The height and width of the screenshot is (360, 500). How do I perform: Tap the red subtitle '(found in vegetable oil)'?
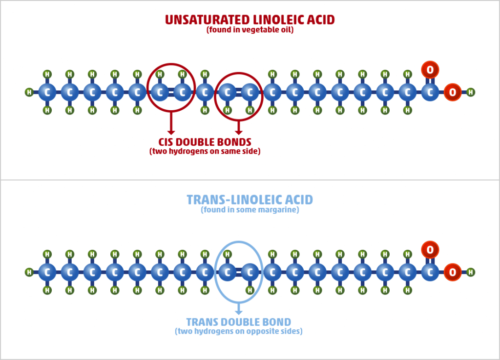tap(250, 30)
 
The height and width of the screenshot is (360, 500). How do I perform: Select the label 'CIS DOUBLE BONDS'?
tap(205, 142)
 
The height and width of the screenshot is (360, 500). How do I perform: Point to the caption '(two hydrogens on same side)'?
tap(205, 151)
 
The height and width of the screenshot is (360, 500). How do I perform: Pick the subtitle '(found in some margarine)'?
tap(250, 210)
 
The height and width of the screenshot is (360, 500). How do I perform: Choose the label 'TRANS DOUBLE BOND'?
tap(238, 322)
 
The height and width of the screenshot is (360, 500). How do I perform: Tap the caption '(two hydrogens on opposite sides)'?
tap(238, 331)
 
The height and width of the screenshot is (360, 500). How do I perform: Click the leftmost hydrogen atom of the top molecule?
tap(29, 92)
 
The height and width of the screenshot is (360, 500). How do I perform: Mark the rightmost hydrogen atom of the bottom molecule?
tap(470, 272)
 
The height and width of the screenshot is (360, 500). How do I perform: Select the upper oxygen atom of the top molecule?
tap(430, 70)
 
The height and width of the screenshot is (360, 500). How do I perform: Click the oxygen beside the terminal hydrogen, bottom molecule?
tap(452, 272)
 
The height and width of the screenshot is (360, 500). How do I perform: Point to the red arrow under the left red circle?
tap(171, 123)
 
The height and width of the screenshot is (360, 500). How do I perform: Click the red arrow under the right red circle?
tap(238, 128)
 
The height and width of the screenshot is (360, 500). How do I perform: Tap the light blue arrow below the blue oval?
tap(238, 309)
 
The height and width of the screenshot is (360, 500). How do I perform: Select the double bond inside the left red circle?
tap(171, 92)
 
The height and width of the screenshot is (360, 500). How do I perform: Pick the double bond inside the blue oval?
tap(238, 272)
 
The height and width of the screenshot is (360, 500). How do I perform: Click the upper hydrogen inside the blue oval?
tap(228, 254)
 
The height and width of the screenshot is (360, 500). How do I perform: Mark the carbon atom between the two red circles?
tap(205, 92)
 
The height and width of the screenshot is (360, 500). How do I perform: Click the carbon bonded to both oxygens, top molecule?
tap(430, 92)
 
